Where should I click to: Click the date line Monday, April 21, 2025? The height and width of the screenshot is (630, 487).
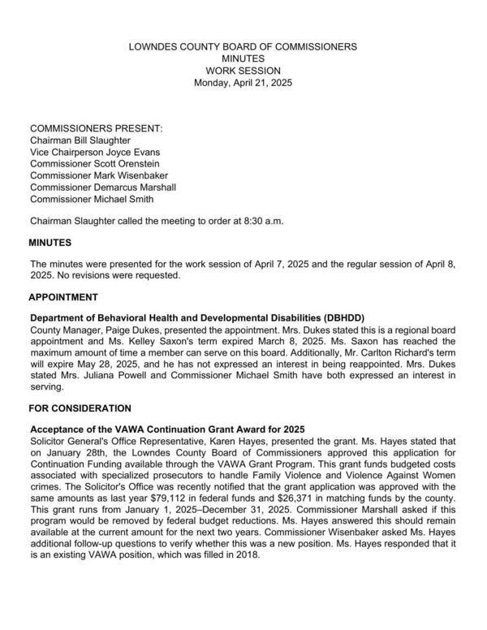(x=243, y=84)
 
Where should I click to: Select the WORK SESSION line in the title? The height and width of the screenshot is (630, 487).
(x=243, y=71)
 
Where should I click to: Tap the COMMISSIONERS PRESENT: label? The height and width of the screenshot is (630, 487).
(x=96, y=129)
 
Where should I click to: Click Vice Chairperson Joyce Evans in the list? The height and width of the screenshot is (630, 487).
(x=95, y=153)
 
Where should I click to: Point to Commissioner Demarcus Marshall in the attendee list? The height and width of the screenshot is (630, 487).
(x=103, y=188)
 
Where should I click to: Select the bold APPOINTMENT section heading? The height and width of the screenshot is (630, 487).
(x=63, y=297)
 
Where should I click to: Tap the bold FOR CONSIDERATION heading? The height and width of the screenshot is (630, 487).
(x=80, y=408)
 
